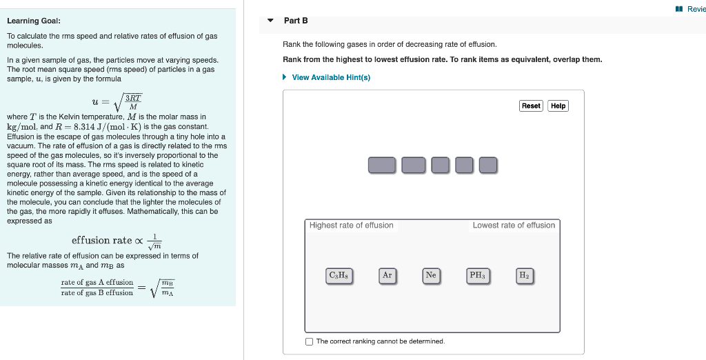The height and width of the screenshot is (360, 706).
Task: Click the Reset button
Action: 531,106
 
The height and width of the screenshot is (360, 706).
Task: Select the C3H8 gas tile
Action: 339,275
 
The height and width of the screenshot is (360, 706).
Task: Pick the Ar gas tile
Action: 387,275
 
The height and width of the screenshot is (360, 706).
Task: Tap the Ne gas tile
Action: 431,275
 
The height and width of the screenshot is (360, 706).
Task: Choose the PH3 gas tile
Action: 477,275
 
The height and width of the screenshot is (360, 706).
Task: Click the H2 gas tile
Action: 524,275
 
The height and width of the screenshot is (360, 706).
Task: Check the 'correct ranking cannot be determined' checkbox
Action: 310,341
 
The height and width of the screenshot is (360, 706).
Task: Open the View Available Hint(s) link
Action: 331,77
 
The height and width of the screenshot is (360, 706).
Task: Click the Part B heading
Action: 296,21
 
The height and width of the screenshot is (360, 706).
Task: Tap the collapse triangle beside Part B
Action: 270,21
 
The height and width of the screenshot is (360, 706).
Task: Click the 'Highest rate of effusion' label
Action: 352,226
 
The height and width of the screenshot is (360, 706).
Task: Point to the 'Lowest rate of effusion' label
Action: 514,226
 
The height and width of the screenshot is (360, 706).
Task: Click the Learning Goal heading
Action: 34,21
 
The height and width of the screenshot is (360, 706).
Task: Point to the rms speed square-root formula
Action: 117,103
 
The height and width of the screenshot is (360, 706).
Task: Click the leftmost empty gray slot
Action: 382,166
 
